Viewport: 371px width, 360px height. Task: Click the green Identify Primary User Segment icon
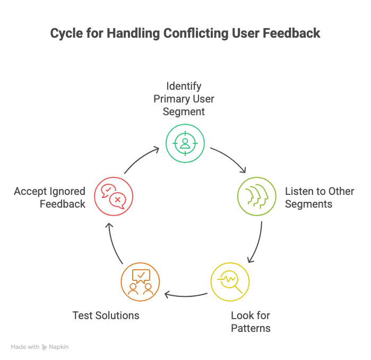185,142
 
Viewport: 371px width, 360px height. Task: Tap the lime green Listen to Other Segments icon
256,196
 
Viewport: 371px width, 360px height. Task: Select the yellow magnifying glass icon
230,281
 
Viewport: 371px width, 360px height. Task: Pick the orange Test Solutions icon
140,281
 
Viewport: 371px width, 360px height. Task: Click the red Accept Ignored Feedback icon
113,196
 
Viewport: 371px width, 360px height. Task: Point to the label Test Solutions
106,315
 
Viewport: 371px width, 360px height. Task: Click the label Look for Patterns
251,321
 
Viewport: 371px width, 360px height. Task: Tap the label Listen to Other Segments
320,197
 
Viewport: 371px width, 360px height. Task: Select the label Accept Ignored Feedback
50,197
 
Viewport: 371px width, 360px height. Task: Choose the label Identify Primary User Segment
184,98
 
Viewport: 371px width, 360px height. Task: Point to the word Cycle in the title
67,33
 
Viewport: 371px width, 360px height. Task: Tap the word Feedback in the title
291,33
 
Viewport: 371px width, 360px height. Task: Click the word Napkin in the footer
59,347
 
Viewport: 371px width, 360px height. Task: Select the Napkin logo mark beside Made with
45,347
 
